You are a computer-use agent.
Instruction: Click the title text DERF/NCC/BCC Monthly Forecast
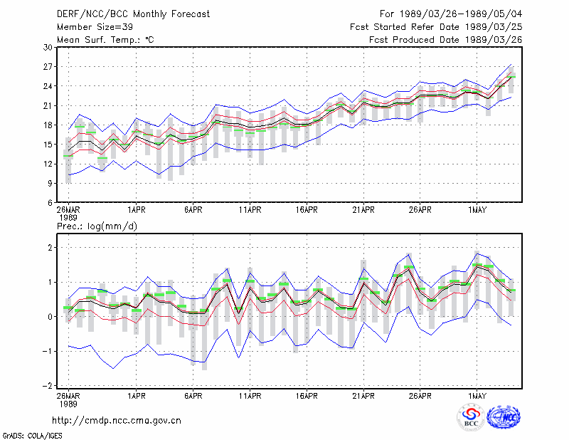click(133, 14)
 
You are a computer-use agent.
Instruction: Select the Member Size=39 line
click(95, 27)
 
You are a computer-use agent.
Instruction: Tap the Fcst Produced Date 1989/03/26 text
click(446, 40)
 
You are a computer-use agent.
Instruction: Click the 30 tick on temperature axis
click(48, 47)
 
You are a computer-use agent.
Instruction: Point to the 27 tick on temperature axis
click(48, 67)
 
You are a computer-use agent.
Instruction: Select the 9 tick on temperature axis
click(50, 183)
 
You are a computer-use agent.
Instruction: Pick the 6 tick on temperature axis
click(50, 203)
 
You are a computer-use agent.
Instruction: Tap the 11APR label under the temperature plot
click(250, 210)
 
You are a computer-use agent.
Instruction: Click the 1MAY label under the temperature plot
click(477, 210)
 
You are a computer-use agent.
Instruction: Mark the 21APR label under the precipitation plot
click(363, 396)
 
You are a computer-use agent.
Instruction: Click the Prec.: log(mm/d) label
click(97, 226)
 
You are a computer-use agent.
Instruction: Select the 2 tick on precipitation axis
click(50, 248)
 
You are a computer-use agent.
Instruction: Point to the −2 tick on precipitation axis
click(48, 385)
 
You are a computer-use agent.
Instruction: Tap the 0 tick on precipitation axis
click(50, 316)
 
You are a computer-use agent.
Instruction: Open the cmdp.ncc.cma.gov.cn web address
click(117, 421)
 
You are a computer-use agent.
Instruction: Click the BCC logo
click(471, 417)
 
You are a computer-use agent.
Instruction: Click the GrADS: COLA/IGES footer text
click(32, 436)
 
